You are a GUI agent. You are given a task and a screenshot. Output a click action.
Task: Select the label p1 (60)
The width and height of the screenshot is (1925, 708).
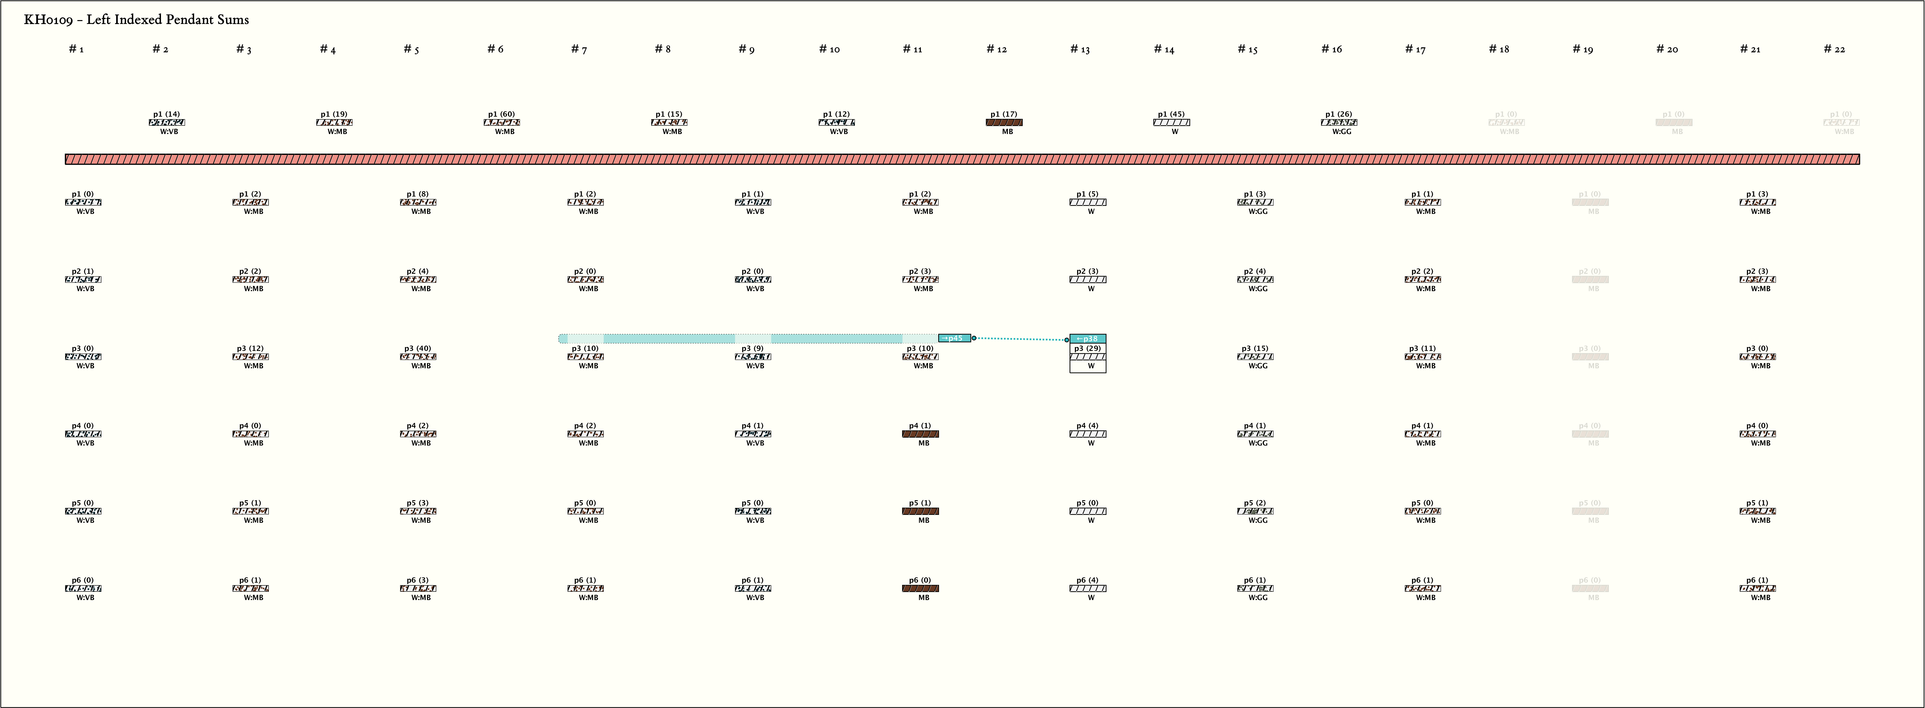pyautogui.click(x=501, y=114)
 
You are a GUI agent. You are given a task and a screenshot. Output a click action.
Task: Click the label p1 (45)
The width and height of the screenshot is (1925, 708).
pyautogui.click(x=1171, y=114)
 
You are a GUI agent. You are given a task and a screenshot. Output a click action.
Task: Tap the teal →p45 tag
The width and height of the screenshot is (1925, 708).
pyautogui.click(x=954, y=338)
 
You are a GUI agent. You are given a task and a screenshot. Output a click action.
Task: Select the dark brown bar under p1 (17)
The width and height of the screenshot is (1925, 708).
pyautogui.click(x=1004, y=122)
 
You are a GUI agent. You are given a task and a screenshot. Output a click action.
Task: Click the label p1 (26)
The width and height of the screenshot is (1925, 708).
pyautogui.click(x=1338, y=114)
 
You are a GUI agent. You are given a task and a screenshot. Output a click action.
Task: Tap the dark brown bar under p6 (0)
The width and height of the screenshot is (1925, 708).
pyautogui.click(x=921, y=588)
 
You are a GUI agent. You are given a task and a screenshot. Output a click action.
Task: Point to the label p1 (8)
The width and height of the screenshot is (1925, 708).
pyautogui.click(x=418, y=194)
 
